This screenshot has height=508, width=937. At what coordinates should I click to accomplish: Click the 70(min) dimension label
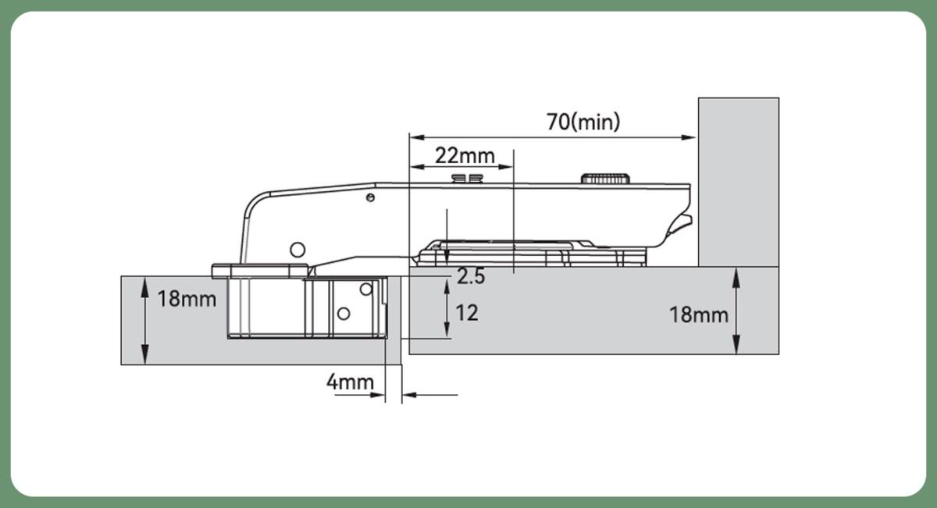(x=583, y=122)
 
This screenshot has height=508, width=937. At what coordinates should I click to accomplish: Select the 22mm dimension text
(x=465, y=156)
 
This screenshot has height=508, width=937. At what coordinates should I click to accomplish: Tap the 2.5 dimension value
(x=471, y=276)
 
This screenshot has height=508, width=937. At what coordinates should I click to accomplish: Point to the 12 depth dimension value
(x=467, y=313)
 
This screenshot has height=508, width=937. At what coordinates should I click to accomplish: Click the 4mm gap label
(x=350, y=382)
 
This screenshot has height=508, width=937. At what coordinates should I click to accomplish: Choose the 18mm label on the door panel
(x=187, y=299)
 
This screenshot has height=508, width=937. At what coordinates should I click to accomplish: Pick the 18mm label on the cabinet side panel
(x=699, y=314)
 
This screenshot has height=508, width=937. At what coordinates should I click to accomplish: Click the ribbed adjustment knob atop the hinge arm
(x=605, y=179)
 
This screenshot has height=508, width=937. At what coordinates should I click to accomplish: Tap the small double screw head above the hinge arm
(x=467, y=179)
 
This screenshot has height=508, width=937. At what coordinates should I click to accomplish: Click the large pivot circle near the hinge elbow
(x=297, y=250)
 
